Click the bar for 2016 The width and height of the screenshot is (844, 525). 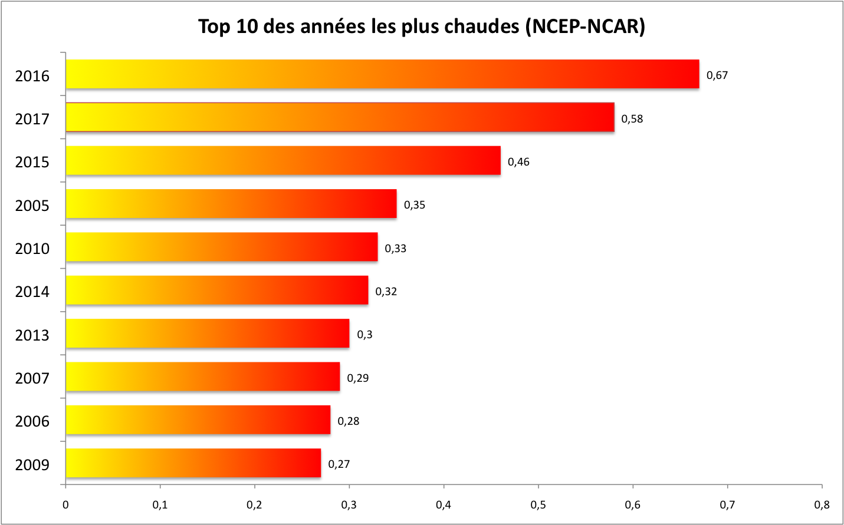pos(382,74)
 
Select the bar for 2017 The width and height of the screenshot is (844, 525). pos(340,117)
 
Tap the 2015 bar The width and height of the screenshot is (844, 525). pos(283,160)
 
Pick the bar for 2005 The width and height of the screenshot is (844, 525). pos(231,204)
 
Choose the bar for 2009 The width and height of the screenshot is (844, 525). pos(193,463)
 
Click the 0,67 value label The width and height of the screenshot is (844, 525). pos(717,75)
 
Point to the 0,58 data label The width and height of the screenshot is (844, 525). pos(632,119)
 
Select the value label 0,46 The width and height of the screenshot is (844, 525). pos(518,162)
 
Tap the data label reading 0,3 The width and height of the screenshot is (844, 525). pos(364,335)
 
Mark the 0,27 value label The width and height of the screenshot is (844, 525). pos(339,464)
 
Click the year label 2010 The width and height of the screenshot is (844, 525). pos(32,249)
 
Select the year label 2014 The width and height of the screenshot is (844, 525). pos(32,292)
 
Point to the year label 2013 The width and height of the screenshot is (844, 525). pos(32,335)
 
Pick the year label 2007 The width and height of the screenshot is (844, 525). pos(32,378)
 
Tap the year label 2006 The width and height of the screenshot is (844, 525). pos(32,421)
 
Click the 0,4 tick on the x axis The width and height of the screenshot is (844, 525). pos(444,505)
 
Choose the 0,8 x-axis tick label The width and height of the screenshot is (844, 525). pos(822,505)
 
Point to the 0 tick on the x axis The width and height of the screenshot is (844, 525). pos(65,505)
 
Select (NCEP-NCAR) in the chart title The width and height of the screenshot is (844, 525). pos(585,27)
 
